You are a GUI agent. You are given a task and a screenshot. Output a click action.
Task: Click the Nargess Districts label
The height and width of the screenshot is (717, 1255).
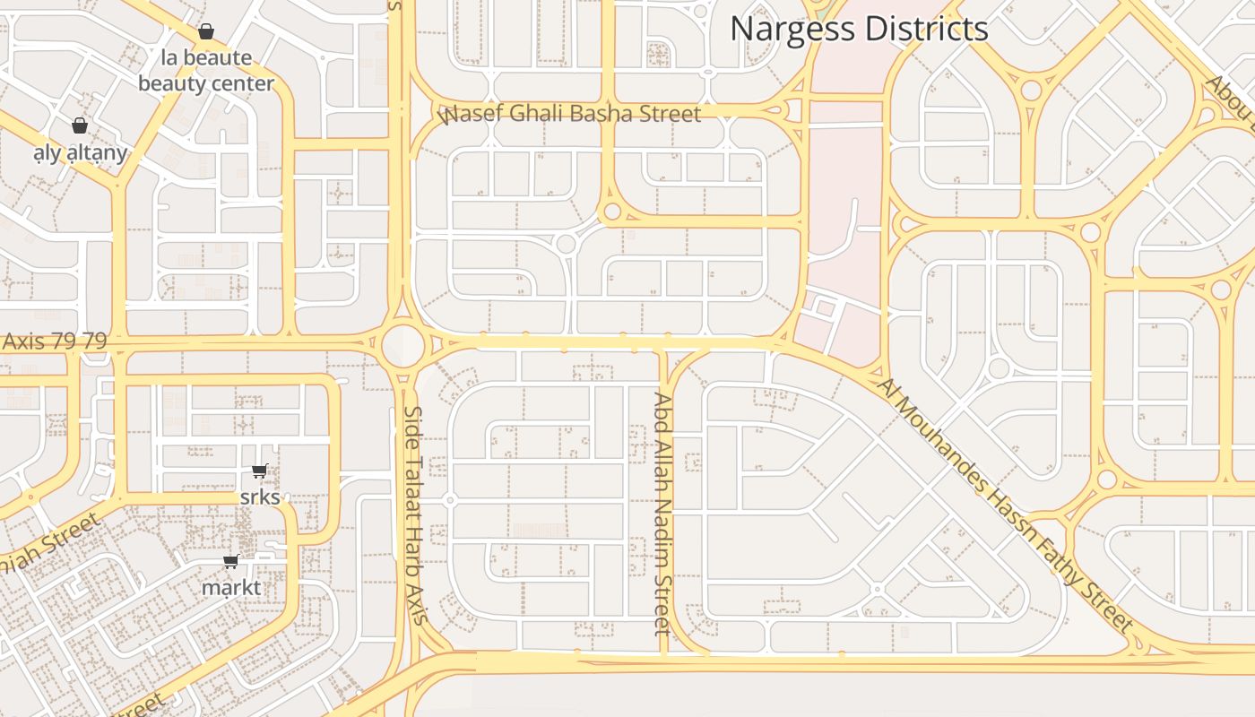tap(859, 29)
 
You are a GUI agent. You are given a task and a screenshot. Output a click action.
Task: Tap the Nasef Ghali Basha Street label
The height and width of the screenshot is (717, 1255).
tap(570, 114)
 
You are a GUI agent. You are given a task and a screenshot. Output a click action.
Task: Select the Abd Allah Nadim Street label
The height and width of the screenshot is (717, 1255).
tap(662, 514)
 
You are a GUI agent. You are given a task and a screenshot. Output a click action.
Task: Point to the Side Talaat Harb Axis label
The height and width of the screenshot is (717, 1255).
tap(414, 514)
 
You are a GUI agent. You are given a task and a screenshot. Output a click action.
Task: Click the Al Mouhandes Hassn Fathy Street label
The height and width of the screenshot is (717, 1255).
tap(1005, 504)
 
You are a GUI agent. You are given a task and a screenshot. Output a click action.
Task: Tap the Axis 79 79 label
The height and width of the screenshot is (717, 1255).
tap(54, 341)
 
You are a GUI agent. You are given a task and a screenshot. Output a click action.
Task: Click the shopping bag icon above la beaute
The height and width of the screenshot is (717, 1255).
tap(206, 32)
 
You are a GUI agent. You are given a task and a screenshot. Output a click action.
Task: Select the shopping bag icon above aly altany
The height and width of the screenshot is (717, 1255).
tap(80, 125)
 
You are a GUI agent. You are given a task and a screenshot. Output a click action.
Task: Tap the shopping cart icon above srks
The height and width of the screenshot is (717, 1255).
tap(260, 471)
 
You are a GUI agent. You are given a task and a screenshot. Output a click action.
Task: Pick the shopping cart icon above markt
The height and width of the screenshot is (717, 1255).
tap(231, 562)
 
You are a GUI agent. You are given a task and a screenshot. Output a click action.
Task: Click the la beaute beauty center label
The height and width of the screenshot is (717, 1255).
tap(206, 71)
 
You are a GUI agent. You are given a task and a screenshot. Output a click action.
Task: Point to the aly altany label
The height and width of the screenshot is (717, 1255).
tap(80, 153)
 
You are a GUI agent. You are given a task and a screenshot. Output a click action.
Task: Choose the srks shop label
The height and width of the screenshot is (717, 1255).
tap(260, 497)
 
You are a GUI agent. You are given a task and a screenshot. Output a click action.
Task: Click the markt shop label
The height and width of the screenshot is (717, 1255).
tap(231, 588)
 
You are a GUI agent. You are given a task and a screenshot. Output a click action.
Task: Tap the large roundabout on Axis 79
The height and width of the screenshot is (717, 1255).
tap(402, 345)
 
